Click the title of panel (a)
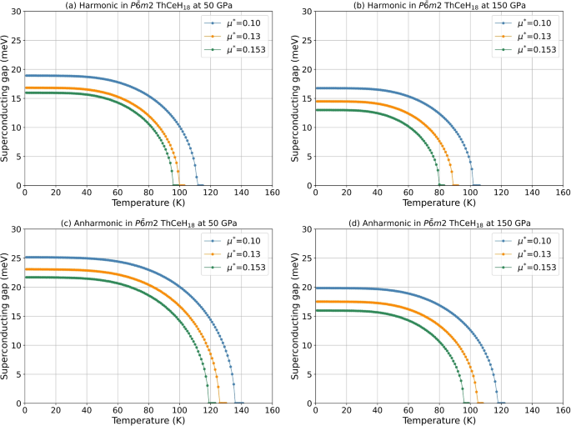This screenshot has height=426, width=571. [x=148, y=6]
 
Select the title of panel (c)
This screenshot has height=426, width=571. [x=148, y=223]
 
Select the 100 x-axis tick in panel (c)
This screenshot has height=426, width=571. [x=179, y=411]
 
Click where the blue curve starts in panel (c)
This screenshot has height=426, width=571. [x=26, y=258]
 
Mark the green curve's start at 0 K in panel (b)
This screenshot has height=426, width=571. [x=317, y=110]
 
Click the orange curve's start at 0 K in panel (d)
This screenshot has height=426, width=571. [x=317, y=302]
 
